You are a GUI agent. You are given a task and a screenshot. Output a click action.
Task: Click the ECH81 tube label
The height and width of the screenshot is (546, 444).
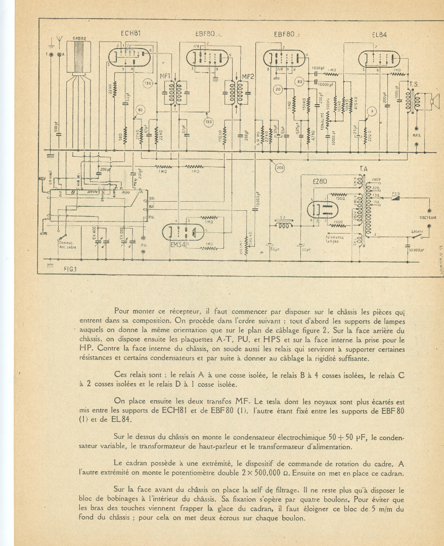(130, 33)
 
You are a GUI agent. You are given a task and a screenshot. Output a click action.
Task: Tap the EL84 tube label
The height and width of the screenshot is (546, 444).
(379, 35)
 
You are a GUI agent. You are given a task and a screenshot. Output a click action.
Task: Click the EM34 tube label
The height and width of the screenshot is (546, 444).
(179, 245)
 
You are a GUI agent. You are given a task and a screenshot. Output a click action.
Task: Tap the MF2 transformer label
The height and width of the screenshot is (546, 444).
(248, 77)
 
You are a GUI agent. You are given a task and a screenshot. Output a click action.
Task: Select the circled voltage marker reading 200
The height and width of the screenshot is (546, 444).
(279, 168)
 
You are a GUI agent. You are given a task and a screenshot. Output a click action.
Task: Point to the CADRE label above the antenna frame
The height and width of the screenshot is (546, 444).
(78, 38)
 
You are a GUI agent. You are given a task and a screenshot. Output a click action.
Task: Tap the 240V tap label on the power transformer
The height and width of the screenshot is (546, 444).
(376, 179)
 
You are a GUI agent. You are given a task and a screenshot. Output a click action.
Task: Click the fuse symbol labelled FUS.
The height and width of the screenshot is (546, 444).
(399, 198)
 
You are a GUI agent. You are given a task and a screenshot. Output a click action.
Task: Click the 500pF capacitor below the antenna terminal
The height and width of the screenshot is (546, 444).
(57, 127)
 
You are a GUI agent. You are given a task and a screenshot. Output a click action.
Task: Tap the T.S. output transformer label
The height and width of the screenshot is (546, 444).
(413, 84)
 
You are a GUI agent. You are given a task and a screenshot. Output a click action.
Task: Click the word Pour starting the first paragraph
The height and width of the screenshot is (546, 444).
(123, 311)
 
